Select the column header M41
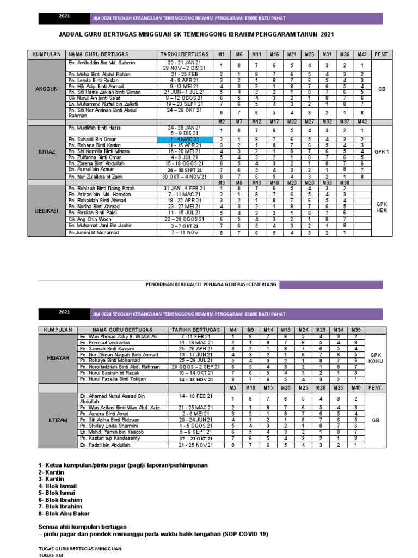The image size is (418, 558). pyautogui.click(x=362, y=54)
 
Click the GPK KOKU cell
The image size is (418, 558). pyautogui.click(x=376, y=357)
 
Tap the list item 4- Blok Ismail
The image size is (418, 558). pyautogui.click(x=58, y=485)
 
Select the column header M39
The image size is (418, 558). pyautogui.click(x=356, y=330)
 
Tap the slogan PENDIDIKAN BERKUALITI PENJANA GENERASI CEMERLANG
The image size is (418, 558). pyautogui.click(x=211, y=284)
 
